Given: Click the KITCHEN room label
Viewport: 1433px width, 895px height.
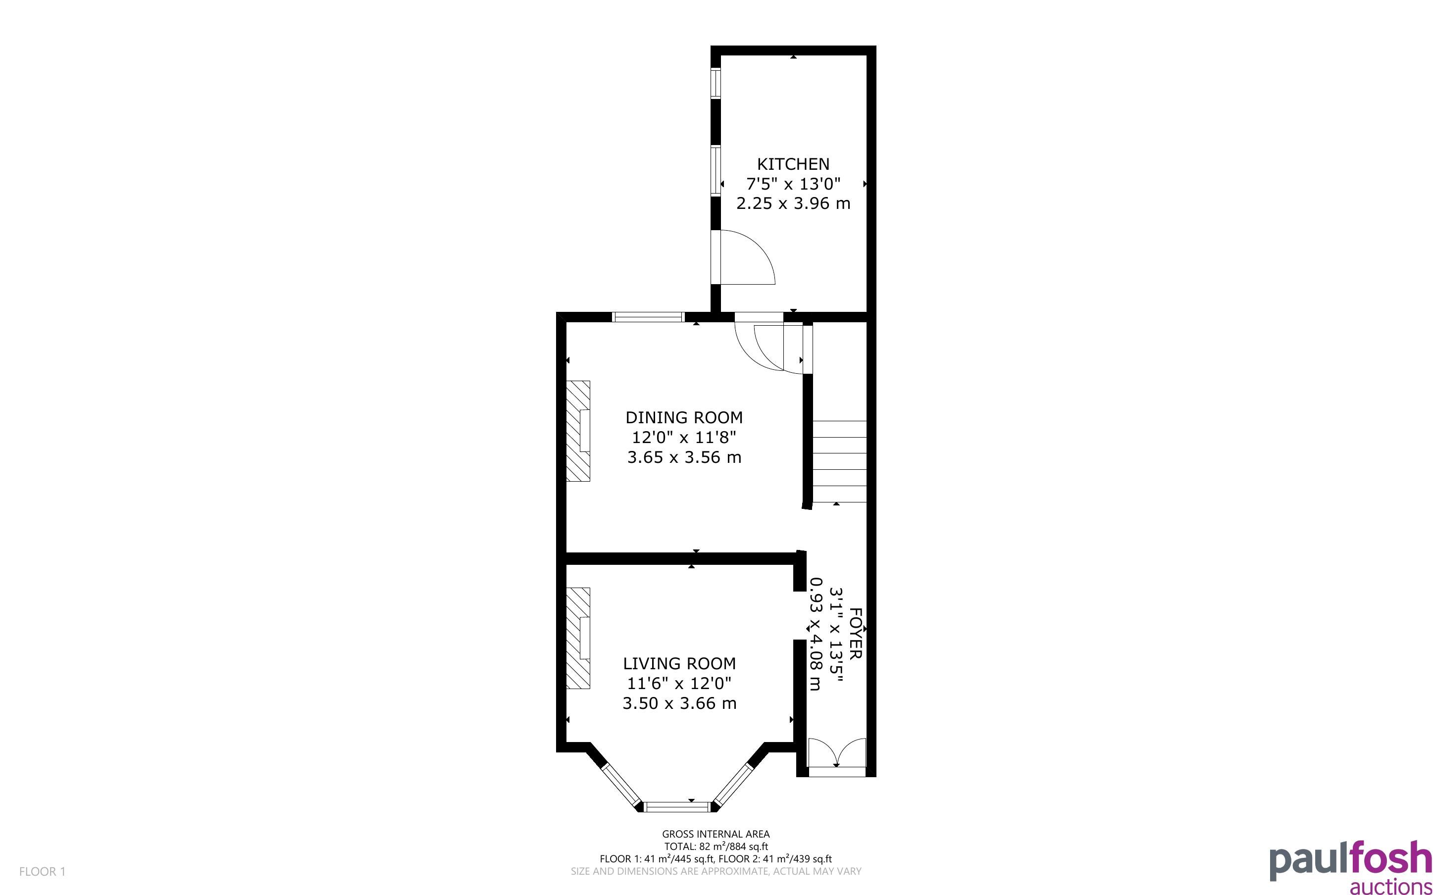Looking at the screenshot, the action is [793, 164].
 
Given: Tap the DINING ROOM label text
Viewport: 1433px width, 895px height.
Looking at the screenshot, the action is [684, 418].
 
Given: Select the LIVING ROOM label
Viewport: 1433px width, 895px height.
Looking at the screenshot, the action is [679, 663].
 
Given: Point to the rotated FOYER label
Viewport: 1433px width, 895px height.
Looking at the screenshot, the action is [856, 633].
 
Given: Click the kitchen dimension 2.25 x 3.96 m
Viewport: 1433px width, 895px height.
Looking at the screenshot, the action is [793, 203].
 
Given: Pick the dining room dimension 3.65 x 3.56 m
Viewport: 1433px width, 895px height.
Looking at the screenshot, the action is [684, 457].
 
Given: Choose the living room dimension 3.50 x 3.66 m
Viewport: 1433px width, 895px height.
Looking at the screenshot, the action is [679, 703].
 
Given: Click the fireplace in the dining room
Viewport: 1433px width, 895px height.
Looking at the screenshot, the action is [578, 431].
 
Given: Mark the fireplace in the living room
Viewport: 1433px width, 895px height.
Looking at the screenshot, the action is [578, 638].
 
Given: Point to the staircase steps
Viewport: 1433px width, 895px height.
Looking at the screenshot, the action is [839, 461].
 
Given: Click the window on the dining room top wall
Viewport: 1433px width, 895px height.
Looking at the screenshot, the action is [648, 317].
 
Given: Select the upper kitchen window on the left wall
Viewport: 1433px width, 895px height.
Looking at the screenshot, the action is [716, 83].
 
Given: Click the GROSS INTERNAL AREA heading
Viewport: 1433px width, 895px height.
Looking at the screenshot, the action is [716, 835].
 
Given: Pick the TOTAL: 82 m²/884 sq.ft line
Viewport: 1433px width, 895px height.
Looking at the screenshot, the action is [716, 847].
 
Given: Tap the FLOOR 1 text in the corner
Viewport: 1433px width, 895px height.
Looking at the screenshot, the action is [43, 871].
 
